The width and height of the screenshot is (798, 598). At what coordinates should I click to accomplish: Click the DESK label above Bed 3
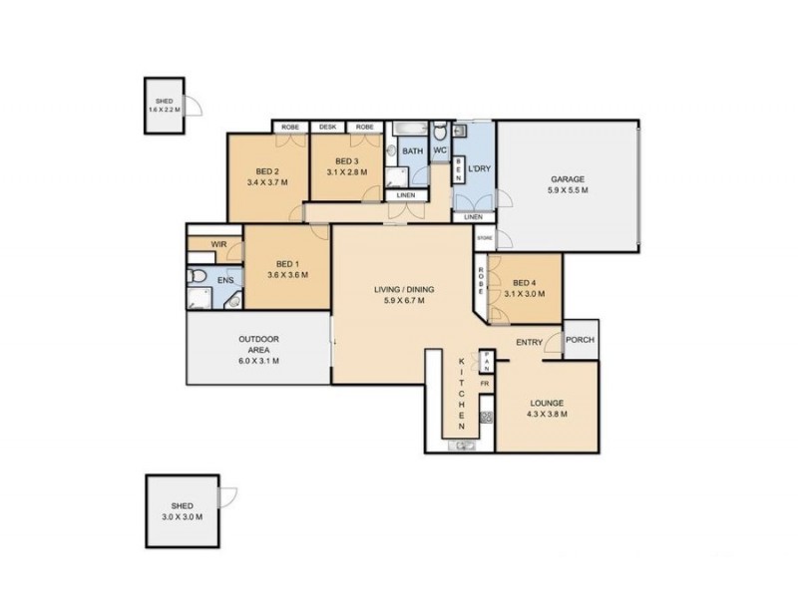pyautogui.click(x=326, y=128)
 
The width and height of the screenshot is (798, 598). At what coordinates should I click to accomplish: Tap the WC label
pyautogui.click(x=440, y=150)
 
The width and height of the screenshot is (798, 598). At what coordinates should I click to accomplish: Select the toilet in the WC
pyautogui.click(x=440, y=133)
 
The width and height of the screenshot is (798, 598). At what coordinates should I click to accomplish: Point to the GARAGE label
pyautogui.click(x=568, y=179)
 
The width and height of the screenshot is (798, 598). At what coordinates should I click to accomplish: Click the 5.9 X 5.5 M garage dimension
pyautogui.click(x=568, y=190)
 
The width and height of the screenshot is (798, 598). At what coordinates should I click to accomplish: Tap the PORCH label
pyautogui.click(x=580, y=340)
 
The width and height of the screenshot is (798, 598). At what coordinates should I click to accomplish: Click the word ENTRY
pyautogui.click(x=529, y=343)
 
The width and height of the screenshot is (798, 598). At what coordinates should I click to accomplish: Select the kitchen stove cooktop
pyautogui.click(x=487, y=418)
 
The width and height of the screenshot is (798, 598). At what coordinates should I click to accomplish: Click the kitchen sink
pyautogui.click(x=464, y=444)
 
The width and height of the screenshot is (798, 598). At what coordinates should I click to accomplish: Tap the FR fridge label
pyautogui.click(x=485, y=384)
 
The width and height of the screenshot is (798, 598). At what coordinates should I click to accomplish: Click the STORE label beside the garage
pyautogui.click(x=485, y=238)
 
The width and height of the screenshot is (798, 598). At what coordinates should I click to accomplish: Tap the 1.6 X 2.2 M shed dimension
pyautogui.click(x=165, y=109)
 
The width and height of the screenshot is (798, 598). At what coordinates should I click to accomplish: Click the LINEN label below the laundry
pyautogui.click(x=473, y=217)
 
